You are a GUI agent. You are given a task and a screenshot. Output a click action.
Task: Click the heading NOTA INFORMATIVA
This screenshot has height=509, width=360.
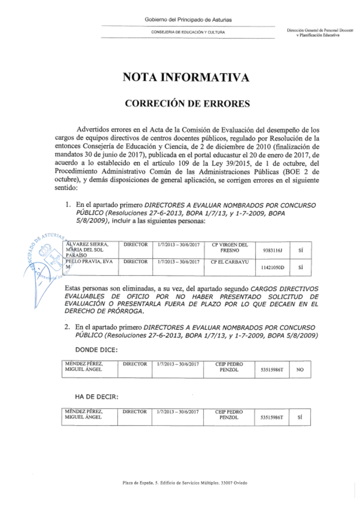186,77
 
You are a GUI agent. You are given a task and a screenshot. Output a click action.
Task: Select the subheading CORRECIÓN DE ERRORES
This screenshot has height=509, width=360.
187,104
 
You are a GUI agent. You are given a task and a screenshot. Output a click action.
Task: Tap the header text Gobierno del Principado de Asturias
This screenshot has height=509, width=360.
188,20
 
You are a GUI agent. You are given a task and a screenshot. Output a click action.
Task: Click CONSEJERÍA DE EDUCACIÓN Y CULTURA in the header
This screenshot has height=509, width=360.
188,32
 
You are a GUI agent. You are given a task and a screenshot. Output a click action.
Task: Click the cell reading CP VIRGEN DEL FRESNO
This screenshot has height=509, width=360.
230,247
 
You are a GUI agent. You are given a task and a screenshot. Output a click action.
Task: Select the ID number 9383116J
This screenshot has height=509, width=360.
273,250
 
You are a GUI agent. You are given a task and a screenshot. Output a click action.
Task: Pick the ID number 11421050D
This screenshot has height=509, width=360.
273,267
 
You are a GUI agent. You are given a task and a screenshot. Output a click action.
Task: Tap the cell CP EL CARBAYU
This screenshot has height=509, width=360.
230,262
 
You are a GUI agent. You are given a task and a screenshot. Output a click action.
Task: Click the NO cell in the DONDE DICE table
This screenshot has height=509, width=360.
300,370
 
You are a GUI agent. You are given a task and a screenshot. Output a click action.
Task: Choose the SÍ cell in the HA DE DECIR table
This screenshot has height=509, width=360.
300,417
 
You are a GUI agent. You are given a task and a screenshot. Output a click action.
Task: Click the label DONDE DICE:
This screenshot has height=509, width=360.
96,350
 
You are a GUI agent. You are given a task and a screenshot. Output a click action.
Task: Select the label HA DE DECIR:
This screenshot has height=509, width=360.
96,397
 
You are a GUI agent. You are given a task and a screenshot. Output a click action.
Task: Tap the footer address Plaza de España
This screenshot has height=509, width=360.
185,483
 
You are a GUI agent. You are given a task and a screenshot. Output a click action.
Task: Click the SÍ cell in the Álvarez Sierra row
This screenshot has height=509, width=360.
301,250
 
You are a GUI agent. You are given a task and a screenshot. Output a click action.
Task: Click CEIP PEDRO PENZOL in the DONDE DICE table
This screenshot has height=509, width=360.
229,367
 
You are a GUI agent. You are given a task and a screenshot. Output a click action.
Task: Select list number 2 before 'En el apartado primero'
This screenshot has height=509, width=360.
67,328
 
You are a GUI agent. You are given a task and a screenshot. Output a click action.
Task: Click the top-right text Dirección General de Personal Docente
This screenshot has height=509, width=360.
320,31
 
